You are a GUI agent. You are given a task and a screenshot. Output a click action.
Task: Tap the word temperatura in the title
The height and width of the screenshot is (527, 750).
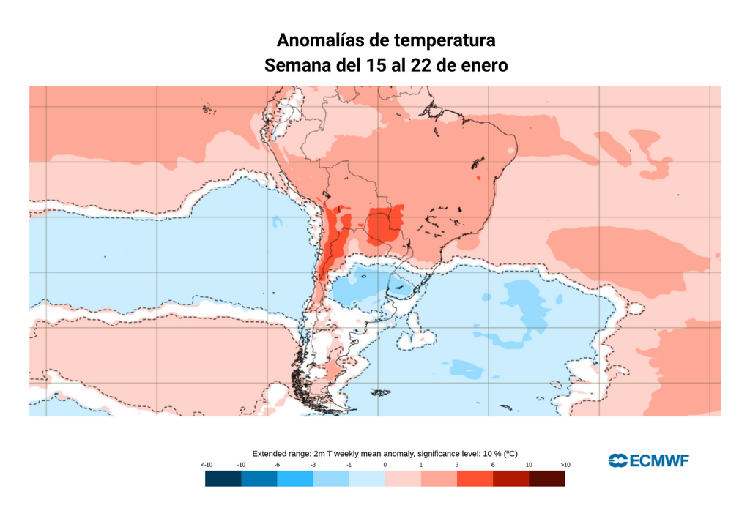445,40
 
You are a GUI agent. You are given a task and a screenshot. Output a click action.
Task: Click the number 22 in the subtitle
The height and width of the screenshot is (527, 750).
421,65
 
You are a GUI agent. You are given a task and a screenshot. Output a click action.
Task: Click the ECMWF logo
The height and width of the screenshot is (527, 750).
648,460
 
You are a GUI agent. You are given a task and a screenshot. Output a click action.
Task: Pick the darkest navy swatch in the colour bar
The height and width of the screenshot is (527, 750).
223,479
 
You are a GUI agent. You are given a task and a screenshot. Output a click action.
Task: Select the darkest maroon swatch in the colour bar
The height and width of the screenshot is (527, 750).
546,479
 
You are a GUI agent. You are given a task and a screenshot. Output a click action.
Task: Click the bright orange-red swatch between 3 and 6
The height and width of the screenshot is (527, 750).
475,479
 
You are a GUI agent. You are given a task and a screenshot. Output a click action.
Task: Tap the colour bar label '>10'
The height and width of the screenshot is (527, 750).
565,466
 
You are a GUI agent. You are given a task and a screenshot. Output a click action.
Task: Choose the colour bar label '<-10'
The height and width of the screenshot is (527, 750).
207,466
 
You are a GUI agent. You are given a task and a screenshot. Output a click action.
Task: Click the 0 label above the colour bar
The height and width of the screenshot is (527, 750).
385,466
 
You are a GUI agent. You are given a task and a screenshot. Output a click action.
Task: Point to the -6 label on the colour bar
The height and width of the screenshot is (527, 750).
277,466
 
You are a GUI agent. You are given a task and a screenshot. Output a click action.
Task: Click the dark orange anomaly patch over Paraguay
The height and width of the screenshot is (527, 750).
384,225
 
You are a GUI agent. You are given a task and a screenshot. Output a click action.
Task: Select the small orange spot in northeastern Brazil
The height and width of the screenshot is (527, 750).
478,177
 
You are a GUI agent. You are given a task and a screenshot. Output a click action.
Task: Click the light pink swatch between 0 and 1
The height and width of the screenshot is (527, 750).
403,479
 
